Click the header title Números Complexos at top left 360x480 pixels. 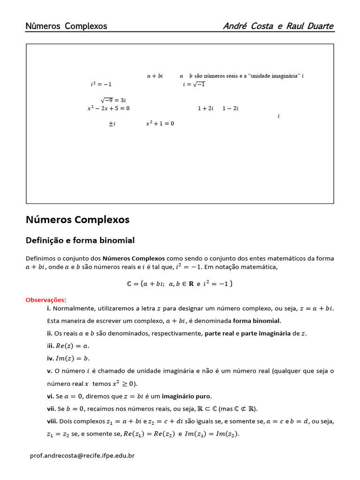point(66,26)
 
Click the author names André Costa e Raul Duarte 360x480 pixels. point(278,26)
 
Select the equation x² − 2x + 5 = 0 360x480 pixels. point(108,108)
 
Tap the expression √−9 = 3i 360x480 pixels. point(113,100)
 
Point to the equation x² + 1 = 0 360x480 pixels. point(160,123)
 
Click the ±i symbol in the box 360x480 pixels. point(112,124)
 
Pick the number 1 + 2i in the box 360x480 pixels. point(205,108)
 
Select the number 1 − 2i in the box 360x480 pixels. point(230,108)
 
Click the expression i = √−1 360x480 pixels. point(194,84)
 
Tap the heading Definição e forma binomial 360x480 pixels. point(80,240)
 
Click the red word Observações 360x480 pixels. point(46,300)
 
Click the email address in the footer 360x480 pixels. point(82,455)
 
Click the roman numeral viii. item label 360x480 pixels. point(52,421)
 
